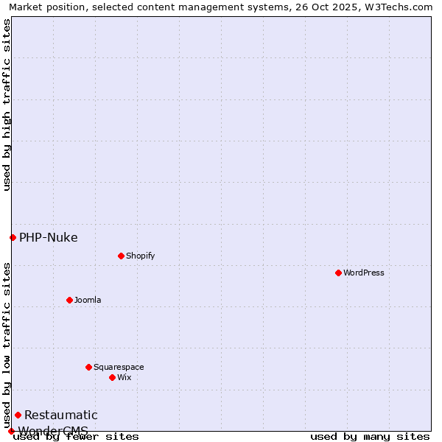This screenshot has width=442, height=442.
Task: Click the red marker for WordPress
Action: coord(338,273)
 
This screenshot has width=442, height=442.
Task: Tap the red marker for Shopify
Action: coord(121,256)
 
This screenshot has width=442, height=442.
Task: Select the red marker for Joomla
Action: coord(69,300)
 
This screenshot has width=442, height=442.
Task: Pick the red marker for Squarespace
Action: coord(88,367)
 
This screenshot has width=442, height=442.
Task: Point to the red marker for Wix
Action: coord(112,377)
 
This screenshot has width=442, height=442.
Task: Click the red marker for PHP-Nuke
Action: coord(13,237)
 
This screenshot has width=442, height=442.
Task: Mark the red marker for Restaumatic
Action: coord(18,415)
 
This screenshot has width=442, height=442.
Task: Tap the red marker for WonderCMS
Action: coord(11,431)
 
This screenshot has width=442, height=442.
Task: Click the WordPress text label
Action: coord(364,273)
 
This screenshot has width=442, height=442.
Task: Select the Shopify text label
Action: coord(140,256)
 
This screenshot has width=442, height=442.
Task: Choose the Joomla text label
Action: coord(88,300)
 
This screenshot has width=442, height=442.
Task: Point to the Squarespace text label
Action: coord(119,367)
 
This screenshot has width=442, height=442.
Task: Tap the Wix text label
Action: coord(124,377)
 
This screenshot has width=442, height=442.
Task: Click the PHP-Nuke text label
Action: coord(49,237)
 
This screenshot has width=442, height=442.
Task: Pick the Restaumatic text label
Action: coord(61,415)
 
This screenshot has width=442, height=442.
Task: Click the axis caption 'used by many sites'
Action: coord(370,436)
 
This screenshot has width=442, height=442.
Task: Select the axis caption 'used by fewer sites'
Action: coord(76,436)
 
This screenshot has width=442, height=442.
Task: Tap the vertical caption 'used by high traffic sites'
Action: coord(7,105)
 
